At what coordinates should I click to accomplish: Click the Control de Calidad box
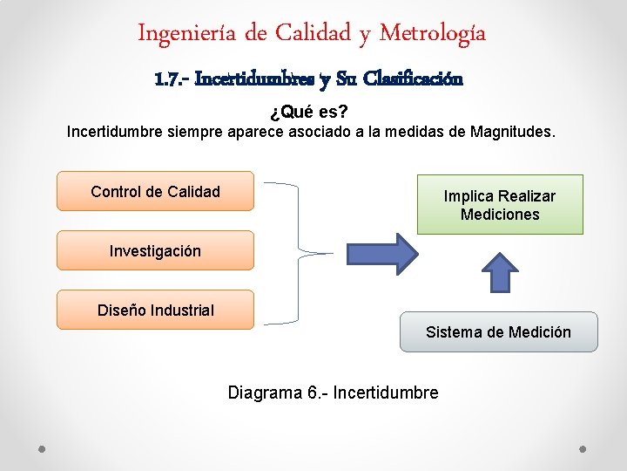click(x=155, y=192)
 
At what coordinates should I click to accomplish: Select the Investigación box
click(x=155, y=251)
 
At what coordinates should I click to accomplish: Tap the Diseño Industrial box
click(x=155, y=310)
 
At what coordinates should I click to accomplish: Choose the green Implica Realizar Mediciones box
click(x=500, y=205)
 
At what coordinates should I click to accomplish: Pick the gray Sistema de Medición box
click(x=498, y=332)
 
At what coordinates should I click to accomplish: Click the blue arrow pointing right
click(x=381, y=254)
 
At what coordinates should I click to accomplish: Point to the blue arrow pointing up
click(x=500, y=271)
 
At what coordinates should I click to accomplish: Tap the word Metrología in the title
click(x=435, y=34)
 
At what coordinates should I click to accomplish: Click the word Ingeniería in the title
click(x=188, y=34)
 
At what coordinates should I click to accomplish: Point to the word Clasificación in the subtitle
click(x=413, y=79)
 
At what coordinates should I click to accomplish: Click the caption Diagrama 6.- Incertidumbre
click(x=333, y=392)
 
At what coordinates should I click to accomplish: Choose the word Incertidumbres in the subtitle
click(x=254, y=79)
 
